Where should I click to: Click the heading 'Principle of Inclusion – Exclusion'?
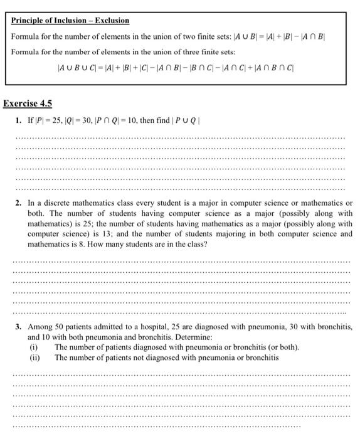70,21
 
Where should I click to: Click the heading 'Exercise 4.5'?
28,103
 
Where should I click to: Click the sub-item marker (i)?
34,347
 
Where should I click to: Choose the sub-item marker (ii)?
35,357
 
